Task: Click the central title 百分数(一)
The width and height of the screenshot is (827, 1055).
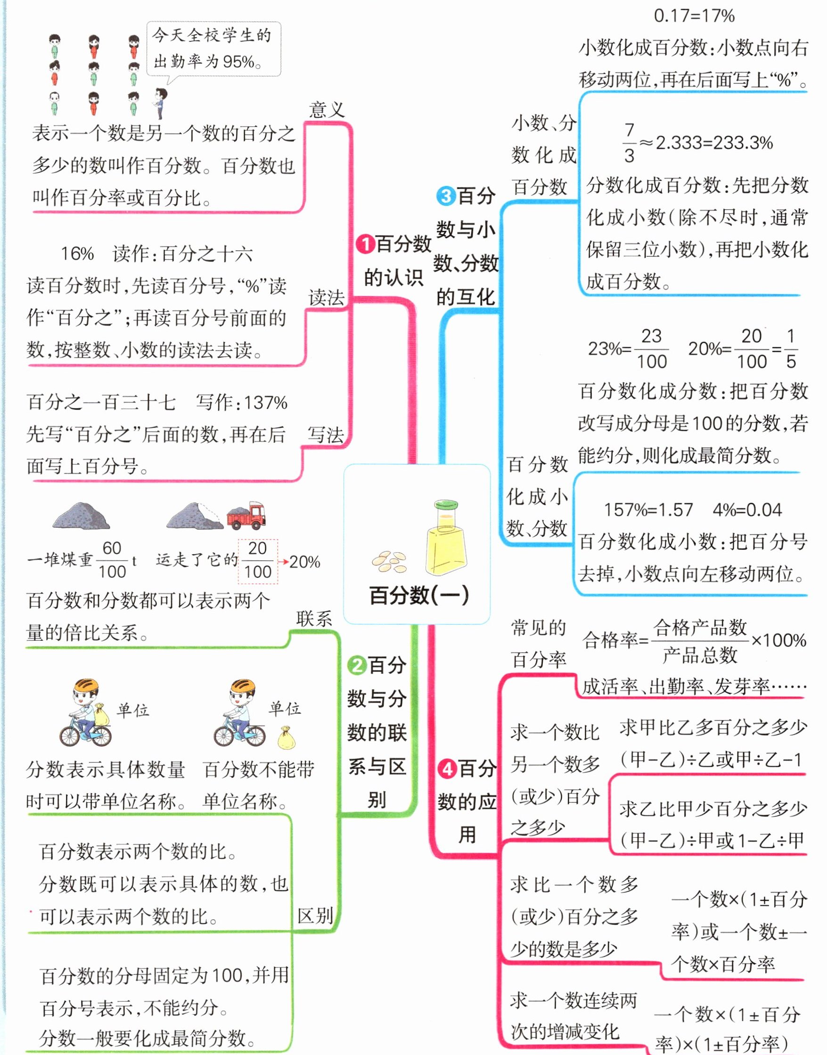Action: [x=419, y=596]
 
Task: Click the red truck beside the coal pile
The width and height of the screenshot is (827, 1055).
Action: [x=246, y=515]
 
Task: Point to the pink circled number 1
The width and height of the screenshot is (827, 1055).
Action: [x=365, y=244]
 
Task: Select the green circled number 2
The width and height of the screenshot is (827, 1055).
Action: [x=357, y=665]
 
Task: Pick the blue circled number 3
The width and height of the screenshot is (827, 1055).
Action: [x=445, y=196]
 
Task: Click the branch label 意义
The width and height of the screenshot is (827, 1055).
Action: [x=327, y=110]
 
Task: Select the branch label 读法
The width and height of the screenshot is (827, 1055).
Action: [x=327, y=298]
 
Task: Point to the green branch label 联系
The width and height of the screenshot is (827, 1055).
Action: [x=314, y=619]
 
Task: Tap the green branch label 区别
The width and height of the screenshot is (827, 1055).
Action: [x=315, y=916]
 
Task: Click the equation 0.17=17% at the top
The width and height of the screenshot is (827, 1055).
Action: [x=694, y=16]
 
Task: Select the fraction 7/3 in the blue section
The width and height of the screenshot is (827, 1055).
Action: [x=629, y=143]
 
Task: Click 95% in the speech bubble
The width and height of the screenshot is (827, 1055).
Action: [x=238, y=61]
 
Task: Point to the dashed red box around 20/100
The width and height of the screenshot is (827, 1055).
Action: [x=258, y=561]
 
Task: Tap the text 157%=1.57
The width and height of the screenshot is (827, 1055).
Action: [x=648, y=510]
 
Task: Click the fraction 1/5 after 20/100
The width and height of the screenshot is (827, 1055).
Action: [x=790, y=349]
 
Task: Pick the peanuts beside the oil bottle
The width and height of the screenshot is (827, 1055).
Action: [x=390, y=562]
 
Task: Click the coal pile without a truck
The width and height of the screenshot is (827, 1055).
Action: [x=82, y=515]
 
